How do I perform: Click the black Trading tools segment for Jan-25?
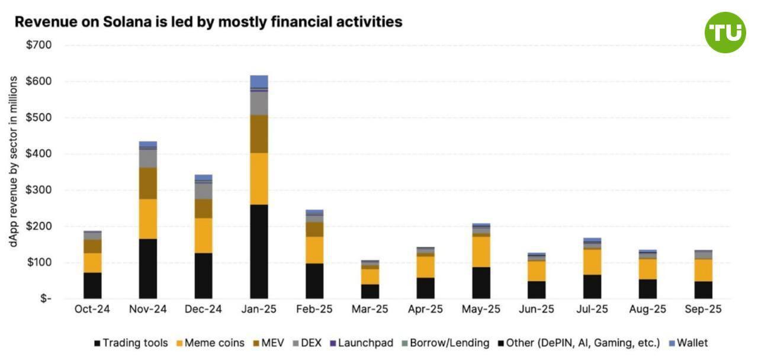259,251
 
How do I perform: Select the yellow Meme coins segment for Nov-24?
147,218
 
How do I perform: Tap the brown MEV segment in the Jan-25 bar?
259,134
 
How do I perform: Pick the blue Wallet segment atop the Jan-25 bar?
259,81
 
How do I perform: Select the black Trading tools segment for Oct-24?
92,285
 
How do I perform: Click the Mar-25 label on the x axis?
370,310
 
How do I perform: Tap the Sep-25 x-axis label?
703,310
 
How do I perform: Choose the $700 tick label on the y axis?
38,45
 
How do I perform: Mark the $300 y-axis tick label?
38,190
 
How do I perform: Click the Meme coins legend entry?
210,343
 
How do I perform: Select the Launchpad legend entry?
361,343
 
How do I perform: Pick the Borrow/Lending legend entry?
445,343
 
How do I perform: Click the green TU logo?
725,33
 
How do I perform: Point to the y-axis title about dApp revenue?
13,161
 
